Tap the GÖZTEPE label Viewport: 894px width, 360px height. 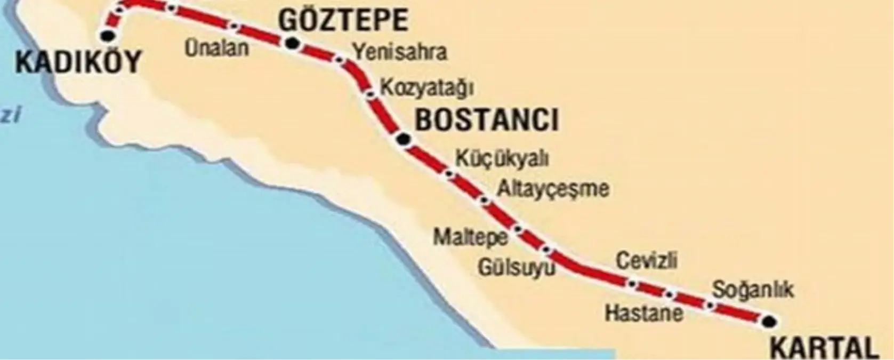(x=343, y=21)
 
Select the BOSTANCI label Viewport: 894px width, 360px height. (x=487, y=120)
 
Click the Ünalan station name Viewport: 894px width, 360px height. (x=216, y=48)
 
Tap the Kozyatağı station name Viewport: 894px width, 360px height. (x=426, y=87)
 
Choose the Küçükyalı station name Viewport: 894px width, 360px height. (x=502, y=158)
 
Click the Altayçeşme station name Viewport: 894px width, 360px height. (x=552, y=189)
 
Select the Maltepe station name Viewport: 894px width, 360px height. (x=470, y=237)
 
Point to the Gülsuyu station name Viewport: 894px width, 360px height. (x=516, y=267)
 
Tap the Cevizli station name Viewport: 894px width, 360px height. (x=647, y=261)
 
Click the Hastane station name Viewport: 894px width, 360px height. (x=643, y=312)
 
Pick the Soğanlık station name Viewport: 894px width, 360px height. (x=753, y=290)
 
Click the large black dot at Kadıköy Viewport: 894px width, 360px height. (x=109, y=36)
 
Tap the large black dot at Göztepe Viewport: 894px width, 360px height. (x=292, y=44)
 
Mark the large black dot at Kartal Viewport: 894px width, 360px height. (x=769, y=321)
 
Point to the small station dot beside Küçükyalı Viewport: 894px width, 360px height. (x=449, y=173)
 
